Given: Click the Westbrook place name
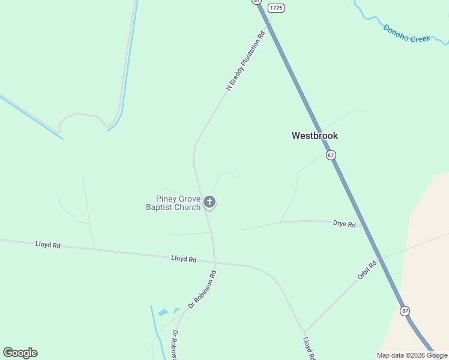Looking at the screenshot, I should pyautogui.click(x=315, y=136).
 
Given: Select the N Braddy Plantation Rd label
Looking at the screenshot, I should pyautogui.click(x=246, y=62).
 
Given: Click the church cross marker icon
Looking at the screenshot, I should pyautogui.click(x=209, y=202).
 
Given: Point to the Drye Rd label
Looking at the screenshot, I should pyautogui.click(x=344, y=224).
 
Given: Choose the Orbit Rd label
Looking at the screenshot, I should pyautogui.click(x=367, y=269).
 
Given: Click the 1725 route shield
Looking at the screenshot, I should pyautogui.click(x=276, y=8).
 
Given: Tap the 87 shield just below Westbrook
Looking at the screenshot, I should pyautogui.click(x=331, y=155).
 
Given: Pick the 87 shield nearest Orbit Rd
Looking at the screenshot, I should pyautogui.click(x=405, y=310).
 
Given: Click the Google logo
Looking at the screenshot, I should pyautogui.click(x=20, y=353).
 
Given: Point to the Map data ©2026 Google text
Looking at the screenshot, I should pyautogui.click(x=412, y=355).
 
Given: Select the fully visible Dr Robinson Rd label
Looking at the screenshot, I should pyautogui.click(x=202, y=289).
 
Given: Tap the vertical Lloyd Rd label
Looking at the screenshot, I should pyautogui.click(x=309, y=348).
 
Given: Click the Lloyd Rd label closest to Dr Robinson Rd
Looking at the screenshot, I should pyautogui.click(x=184, y=259).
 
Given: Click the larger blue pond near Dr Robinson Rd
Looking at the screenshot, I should pyautogui.click(x=163, y=313).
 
